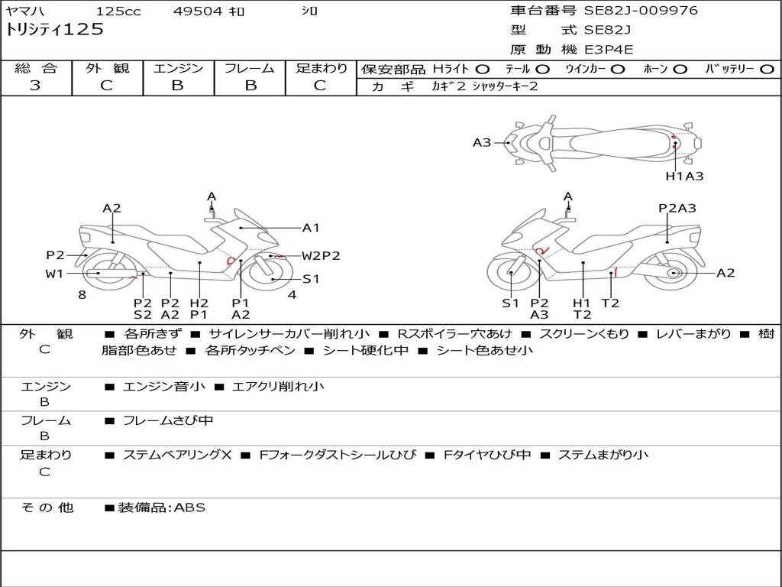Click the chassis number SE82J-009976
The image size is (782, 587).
[x=641, y=11]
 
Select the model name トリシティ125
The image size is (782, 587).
[x=54, y=30]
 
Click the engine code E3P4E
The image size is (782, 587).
[x=609, y=50]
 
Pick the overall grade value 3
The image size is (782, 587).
[x=35, y=86]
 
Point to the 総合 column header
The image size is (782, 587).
[x=36, y=68]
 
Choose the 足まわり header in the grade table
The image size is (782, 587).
[x=322, y=68]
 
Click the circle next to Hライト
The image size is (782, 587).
[x=483, y=69]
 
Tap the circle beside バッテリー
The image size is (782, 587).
[x=767, y=69]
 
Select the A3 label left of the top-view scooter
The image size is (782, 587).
[x=482, y=142]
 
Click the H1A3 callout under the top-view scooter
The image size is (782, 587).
[x=684, y=176]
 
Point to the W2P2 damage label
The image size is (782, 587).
[x=321, y=256]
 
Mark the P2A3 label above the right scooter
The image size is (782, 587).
[x=677, y=208]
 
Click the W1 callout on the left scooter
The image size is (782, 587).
[x=54, y=273]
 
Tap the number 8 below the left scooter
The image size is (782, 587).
[x=82, y=294]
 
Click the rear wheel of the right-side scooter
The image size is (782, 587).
[x=673, y=273]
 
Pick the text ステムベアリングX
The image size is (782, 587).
[x=177, y=455]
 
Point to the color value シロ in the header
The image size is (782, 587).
[x=309, y=11]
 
